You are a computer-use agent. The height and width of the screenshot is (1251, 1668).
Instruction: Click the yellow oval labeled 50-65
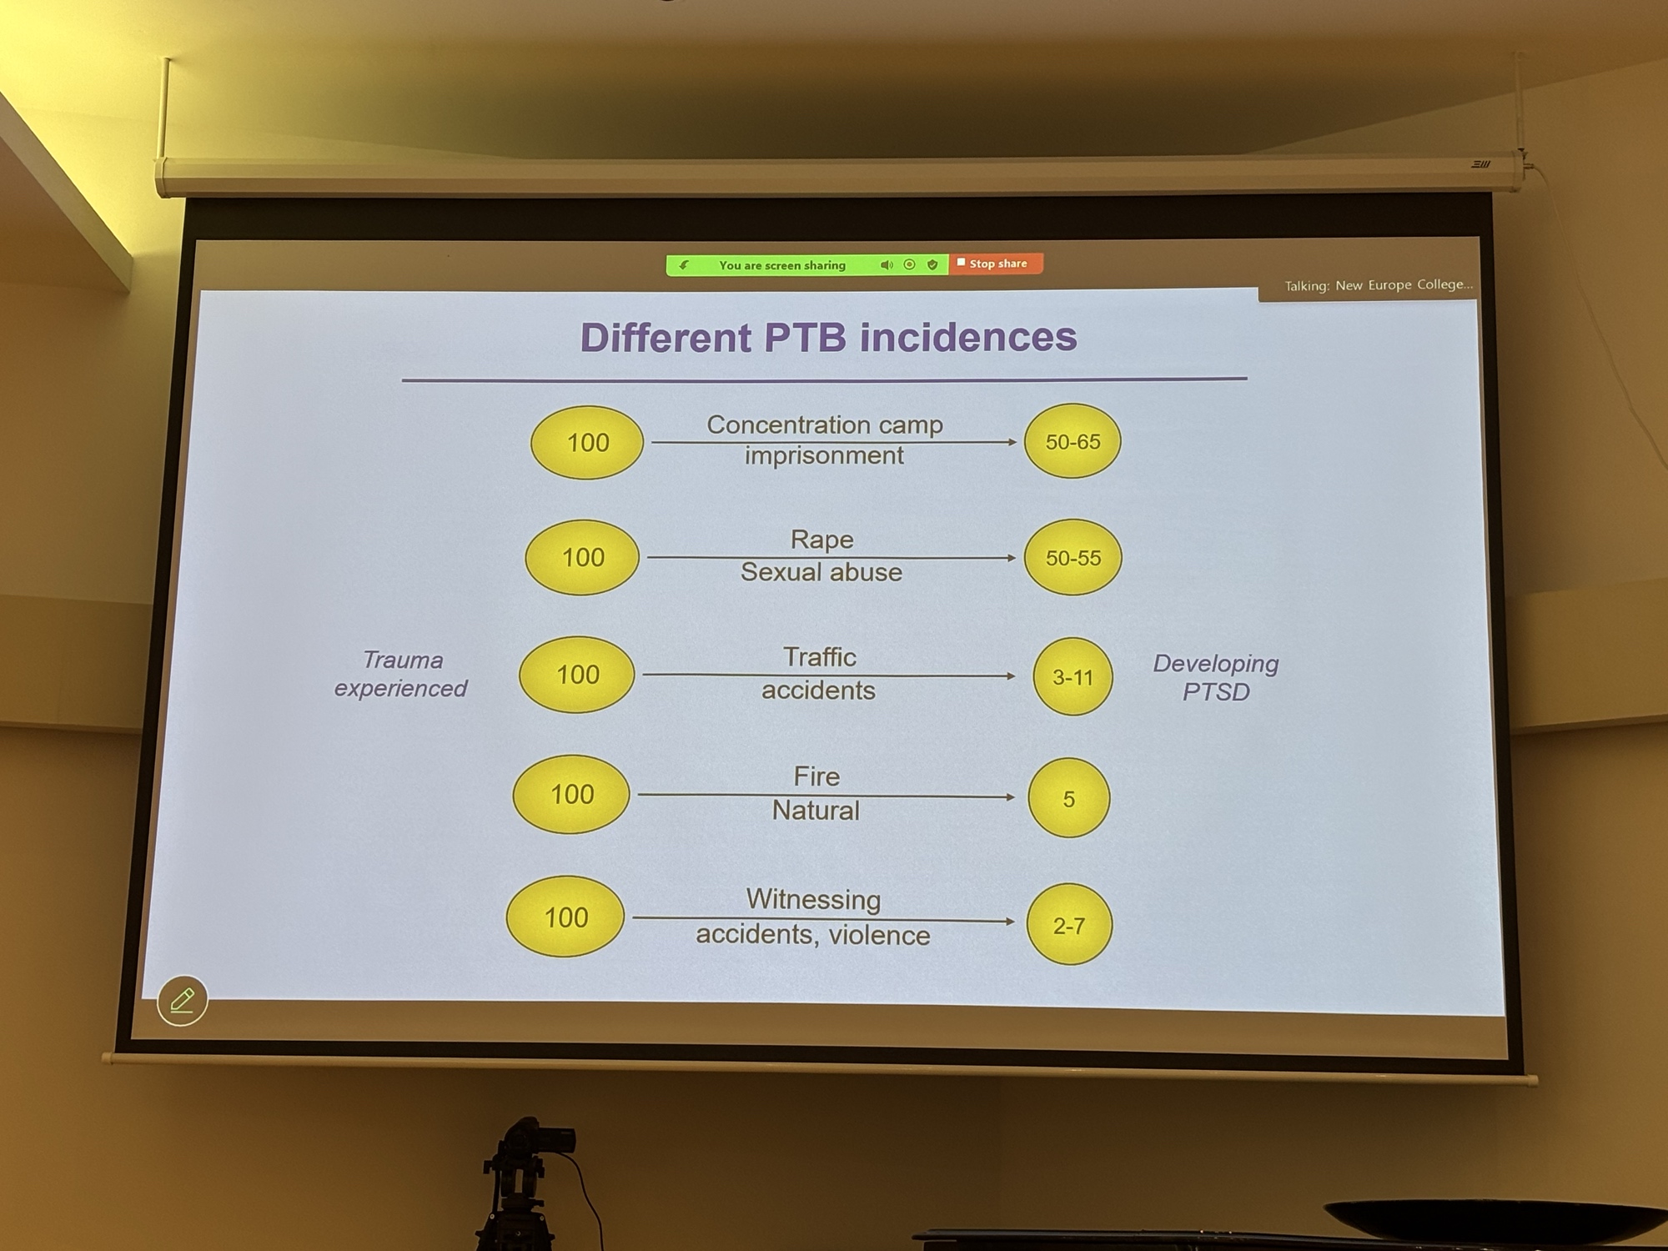(1073, 441)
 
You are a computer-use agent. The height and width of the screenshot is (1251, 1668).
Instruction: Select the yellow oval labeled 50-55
(1073, 557)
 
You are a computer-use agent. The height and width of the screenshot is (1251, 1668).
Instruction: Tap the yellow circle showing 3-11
(1073, 676)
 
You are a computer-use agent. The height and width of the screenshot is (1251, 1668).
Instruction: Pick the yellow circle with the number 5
(1068, 798)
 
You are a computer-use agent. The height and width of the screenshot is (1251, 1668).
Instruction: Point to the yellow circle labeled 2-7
(1068, 925)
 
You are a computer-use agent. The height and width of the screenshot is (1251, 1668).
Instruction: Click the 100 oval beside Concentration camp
(587, 442)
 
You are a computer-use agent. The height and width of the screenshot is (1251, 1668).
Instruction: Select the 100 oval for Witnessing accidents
(565, 917)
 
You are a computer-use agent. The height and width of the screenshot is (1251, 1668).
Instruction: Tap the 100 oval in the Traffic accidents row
(577, 674)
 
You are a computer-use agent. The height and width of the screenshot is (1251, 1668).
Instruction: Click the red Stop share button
(996, 264)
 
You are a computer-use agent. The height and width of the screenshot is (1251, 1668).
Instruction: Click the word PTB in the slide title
(805, 338)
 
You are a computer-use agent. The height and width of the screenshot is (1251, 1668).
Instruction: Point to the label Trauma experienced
(401, 674)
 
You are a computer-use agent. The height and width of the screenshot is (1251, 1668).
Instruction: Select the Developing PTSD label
(1215, 677)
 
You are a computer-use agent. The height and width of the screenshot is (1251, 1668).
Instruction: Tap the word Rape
(821, 540)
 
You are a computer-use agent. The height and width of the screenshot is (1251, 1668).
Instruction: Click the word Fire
(816, 776)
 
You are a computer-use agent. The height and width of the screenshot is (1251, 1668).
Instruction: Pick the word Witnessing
(813, 899)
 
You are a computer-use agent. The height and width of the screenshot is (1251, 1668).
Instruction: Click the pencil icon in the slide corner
(182, 1000)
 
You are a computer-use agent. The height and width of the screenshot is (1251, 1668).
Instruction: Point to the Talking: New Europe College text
(1378, 285)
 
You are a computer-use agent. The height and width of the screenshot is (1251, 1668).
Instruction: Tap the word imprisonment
(824, 456)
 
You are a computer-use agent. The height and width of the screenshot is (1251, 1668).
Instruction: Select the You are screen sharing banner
(782, 265)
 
